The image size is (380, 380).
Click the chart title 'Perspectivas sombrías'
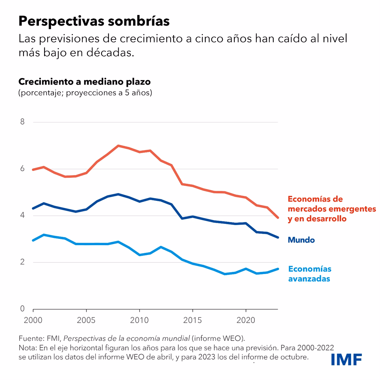(x=94, y=21)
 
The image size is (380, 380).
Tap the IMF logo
(x=346, y=359)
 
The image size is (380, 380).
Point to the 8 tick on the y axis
(x=22, y=122)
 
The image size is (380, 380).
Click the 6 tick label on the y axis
(x=22, y=169)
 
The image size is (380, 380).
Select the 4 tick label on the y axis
(x=22, y=215)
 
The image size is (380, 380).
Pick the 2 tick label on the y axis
(x=22, y=262)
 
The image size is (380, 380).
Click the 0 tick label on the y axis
(x=22, y=309)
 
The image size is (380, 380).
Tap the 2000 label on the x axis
(x=33, y=320)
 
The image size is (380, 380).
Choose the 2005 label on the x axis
(x=86, y=320)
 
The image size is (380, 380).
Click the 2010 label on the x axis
(x=139, y=320)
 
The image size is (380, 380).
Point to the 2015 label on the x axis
(x=193, y=320)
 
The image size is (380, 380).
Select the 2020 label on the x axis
(x=246, y=320)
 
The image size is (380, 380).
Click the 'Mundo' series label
(x=301, y=240)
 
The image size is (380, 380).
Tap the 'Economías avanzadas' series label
(x=310, y=274)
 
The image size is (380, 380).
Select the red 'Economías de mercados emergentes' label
(x=332, y=209)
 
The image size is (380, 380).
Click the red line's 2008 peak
(x=118, y=146)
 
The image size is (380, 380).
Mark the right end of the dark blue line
(x=278, y=238)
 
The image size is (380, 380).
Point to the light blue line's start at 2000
(x=33, y=240)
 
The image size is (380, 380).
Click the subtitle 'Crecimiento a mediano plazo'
(x=84, y=82)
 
